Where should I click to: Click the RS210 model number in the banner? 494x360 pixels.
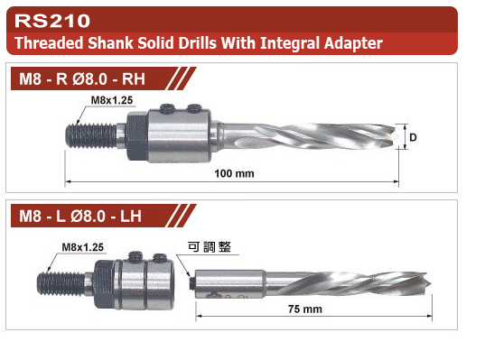coord(52,21)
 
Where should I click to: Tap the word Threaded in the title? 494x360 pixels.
coord(49,43)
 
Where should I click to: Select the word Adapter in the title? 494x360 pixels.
coord(353,43)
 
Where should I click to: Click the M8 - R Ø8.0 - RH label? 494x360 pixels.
coord(82,78)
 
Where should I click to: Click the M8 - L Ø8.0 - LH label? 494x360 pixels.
coord(80,217)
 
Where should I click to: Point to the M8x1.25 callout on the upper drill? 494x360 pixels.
coord(112,100)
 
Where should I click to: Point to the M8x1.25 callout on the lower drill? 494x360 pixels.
coord(83,247)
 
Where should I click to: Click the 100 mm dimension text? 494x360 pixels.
coord(234,173)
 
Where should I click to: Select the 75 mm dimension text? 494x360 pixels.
coord(305,309)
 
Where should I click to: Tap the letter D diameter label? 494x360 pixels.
coord(413,137)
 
